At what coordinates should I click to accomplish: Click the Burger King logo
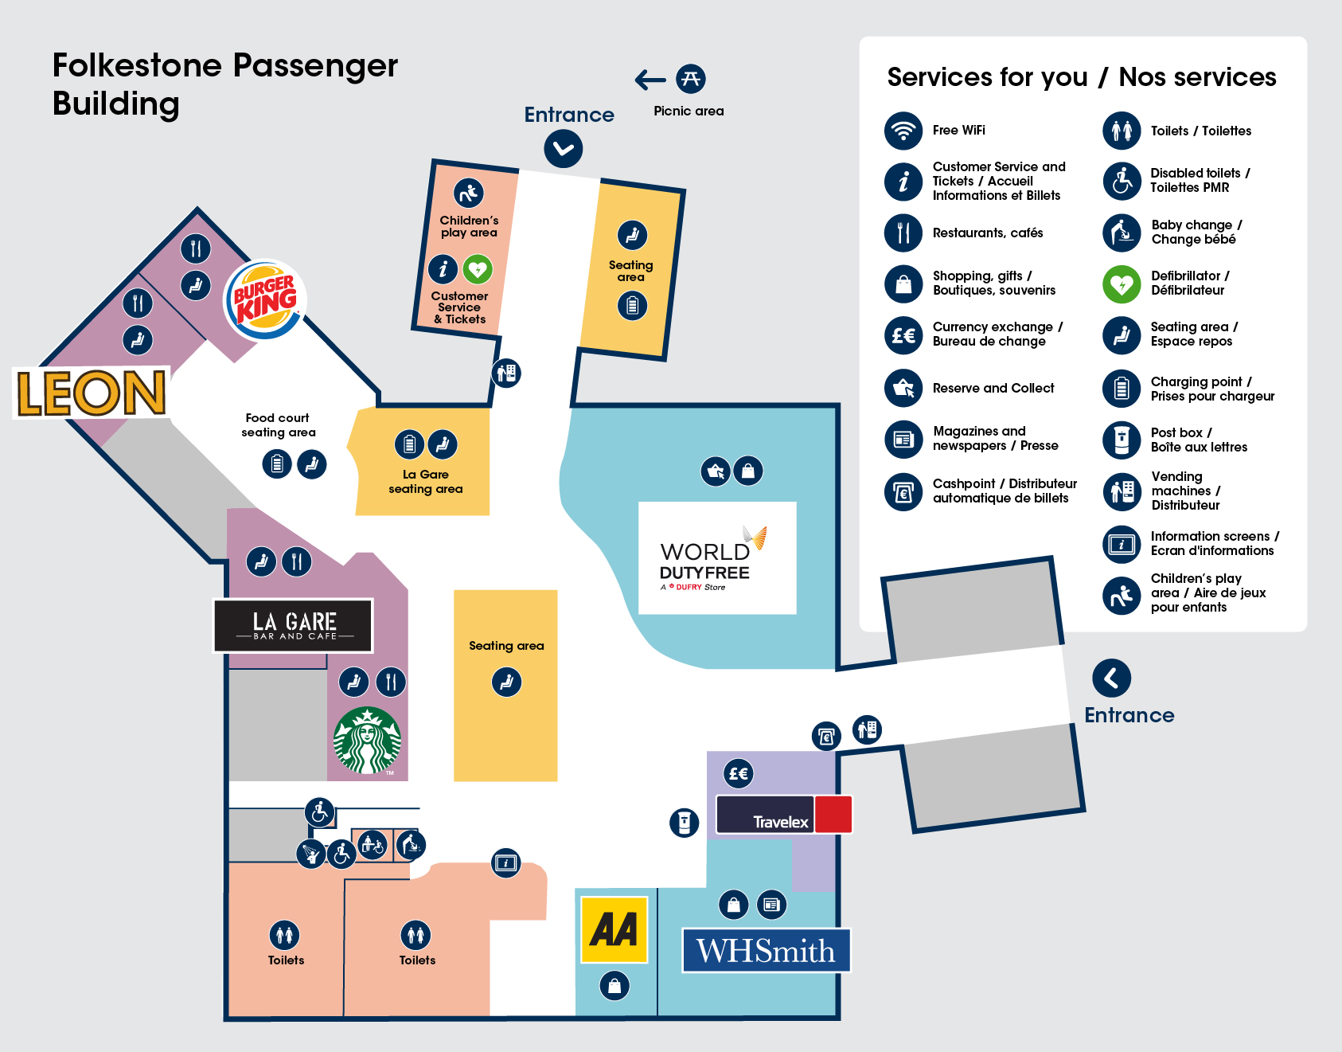[265, 299]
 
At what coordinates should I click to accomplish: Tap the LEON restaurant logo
[92, 393]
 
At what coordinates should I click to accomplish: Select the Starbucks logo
[367, 741]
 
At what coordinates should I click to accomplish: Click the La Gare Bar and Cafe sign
[294, 626]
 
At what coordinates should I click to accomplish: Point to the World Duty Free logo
[716, 558]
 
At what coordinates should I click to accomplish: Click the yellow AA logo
[614, 929]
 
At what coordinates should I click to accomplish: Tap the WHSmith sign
[766, 950]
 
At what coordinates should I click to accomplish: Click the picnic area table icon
[690, 79]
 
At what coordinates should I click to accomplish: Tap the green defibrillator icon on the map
[478, 269]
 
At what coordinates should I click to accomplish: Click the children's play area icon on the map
[469, 193]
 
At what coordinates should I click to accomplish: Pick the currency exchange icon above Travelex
[739, 773]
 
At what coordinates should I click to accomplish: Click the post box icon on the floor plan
[684, 823]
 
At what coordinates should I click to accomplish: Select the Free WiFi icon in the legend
[903, 131]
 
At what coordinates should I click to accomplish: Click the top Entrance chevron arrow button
[564, 149]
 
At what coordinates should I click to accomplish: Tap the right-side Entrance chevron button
[1112, 679]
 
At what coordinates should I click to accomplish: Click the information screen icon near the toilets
[505, 862]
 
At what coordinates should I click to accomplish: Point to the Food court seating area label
[278, 425]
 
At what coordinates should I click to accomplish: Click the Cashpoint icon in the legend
[903, 491]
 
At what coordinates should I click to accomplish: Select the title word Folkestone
[137, 65]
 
